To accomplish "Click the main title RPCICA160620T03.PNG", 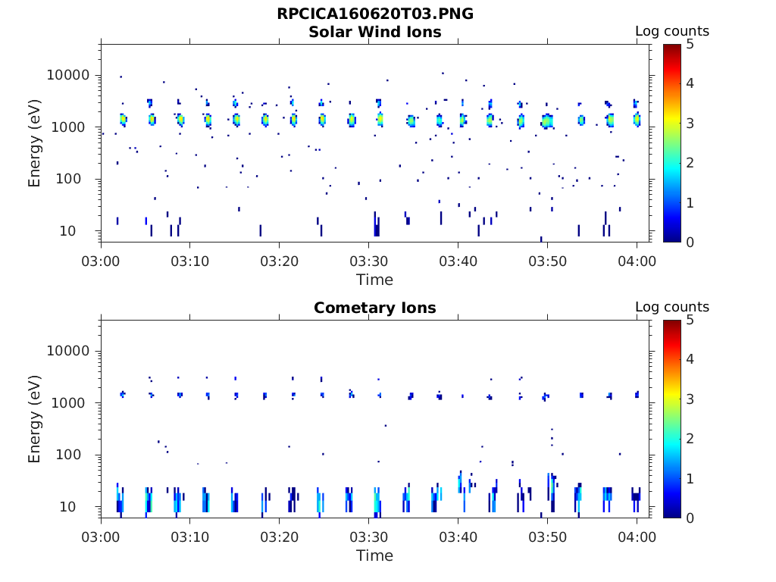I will (x=374, y=14).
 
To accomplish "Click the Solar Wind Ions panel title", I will (x=374, y=32).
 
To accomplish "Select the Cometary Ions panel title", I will (x=374, y=308).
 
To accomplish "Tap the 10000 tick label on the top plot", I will (x=68, y=75).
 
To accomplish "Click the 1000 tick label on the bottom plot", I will (x=74, y=403).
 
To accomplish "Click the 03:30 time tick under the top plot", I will (x=369, y=261).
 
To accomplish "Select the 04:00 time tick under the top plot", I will (x=637, y=261).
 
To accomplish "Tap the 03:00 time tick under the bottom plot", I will (x=101, y=537).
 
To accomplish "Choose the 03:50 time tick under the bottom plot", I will (x=548, y=537).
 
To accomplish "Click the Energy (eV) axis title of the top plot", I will (x=35, y=143).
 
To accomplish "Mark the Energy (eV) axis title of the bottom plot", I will (x=35, y=419).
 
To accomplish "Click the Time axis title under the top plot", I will (x=374, y=280).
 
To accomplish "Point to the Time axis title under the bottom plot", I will (x=374, y=555).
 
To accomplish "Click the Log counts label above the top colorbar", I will (x=671, y=31).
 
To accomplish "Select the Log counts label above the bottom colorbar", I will (x=671, y=307).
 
